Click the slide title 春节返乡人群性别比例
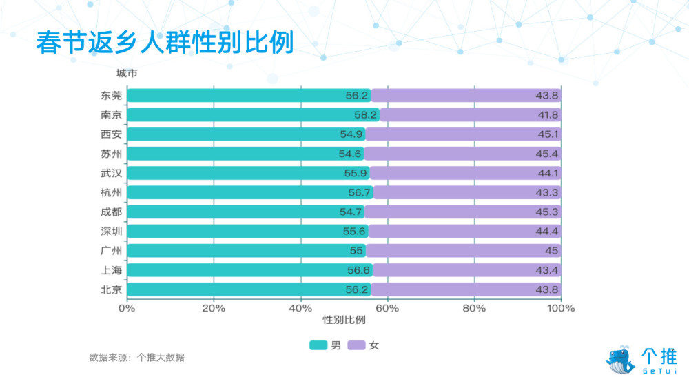coord(165,42)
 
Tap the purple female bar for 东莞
coord(466,96)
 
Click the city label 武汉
coord(111,173)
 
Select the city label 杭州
coord(111,192)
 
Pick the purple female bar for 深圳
coord(466,231)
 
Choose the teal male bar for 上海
coord(249,269)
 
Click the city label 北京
coord(111,289)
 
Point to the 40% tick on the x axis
coord(300,308)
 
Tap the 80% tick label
coord(474,308)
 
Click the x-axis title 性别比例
coord(344,320)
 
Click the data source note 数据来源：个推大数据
coord(136,358)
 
